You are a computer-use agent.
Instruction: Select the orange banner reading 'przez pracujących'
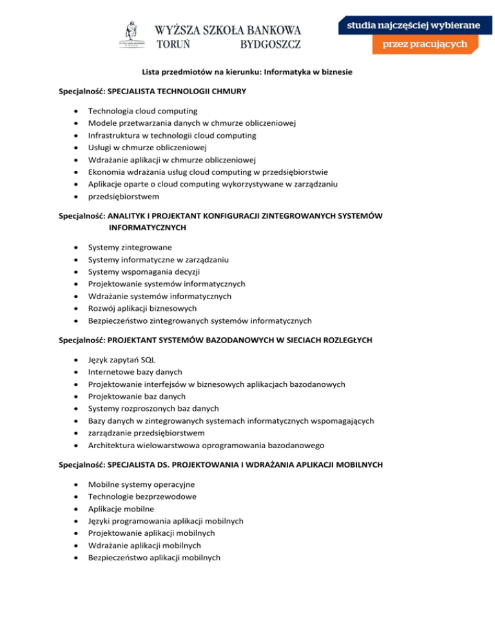click(425, 45)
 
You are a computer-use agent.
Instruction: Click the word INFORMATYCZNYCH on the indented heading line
click(148, 228)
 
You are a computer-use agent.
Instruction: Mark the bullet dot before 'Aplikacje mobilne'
click(77, 509)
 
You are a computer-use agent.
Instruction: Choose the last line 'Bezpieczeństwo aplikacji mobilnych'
click(154, 558)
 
